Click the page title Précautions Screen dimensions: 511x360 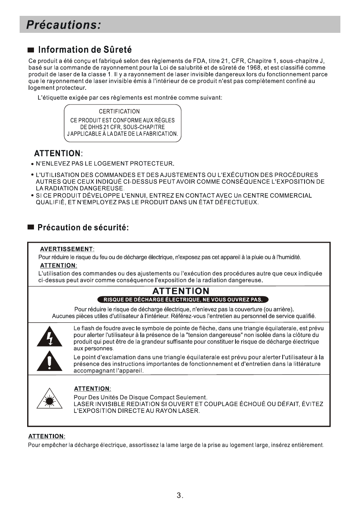coord(63,25)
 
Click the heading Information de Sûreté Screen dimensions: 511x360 coord(85,50)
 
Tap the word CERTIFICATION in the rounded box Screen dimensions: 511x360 coord(119,112)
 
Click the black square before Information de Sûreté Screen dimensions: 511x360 coord(31,50)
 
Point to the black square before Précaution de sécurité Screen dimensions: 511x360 coord(31,228)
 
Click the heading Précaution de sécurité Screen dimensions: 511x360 coord(83,228)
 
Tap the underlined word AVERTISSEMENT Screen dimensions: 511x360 coord(66,249)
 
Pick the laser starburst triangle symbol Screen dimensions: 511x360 coord(49,399)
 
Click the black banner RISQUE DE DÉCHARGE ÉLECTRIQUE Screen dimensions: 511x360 coord(183,300)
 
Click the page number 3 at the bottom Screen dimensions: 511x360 coord(179,496)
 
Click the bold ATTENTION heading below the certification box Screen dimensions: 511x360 coord(57,153)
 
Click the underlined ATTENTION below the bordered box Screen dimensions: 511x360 coord(46,436)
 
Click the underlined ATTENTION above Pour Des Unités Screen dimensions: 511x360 coord(92,389)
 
